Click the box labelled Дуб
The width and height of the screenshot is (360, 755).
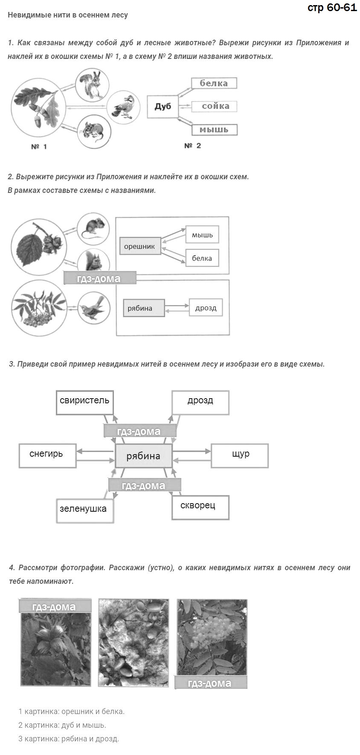pyautogui.click(x=163, y=107)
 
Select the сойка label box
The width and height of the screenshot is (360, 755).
pyautogui.click(x=214, y=106)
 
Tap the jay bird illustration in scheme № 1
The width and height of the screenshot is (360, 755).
pyautogui.click(x=123, y=107)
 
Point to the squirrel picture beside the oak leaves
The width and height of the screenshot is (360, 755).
pyautogui.click(x=92, y=85)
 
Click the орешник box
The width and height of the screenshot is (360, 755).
pyautogui.click(x=140, y=246)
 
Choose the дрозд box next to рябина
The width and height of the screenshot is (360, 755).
pyautogui.click(x=206, y=308)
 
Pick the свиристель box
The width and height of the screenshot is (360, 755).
pyautogui.click(x=85, y=402)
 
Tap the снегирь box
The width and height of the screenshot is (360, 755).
pyautogui.click(x=47, y=455)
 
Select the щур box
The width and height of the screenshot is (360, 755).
pyautogui.click(x=240, y=455)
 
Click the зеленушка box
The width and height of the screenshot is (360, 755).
pyautogui.click(x=85, y=510)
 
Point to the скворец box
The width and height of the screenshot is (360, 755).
pyautogui.click(x=200, y=507)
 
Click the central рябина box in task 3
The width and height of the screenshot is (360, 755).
pyautogui.click(x=144, y=456)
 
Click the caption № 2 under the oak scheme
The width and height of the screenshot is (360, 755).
pyautogui.click(x=193, y=146)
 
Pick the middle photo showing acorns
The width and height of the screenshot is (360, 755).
pyautogui.click(x=134, y=642)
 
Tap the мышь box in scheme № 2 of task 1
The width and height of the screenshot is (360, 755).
pyautogui.click(x=215, y=129)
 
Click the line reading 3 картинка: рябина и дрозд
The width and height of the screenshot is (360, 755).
pyautogui.click(x=69, y=738)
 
